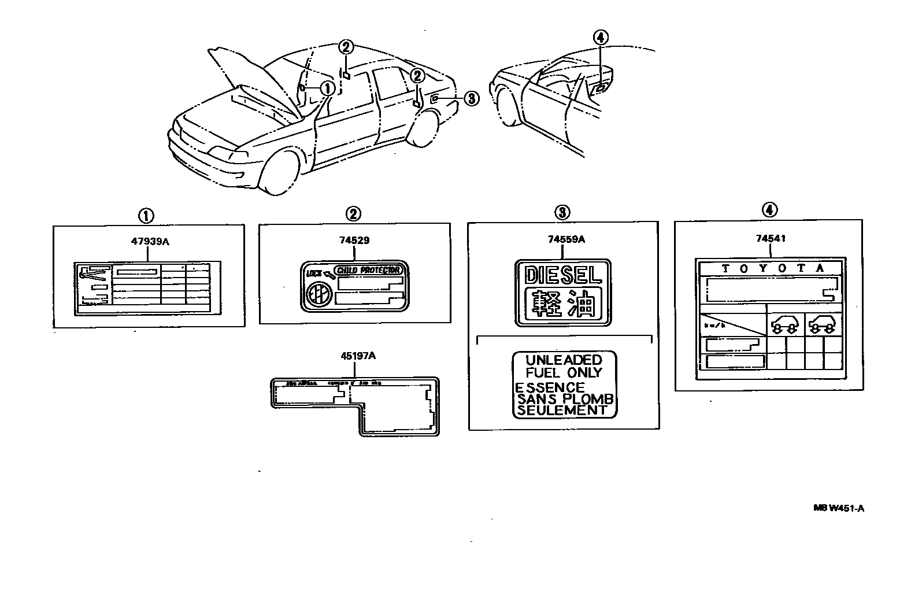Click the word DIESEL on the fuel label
562,275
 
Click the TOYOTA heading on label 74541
772,268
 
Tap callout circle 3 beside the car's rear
471,99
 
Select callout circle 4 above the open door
601,38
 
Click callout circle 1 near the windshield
327,88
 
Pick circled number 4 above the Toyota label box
769,210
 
